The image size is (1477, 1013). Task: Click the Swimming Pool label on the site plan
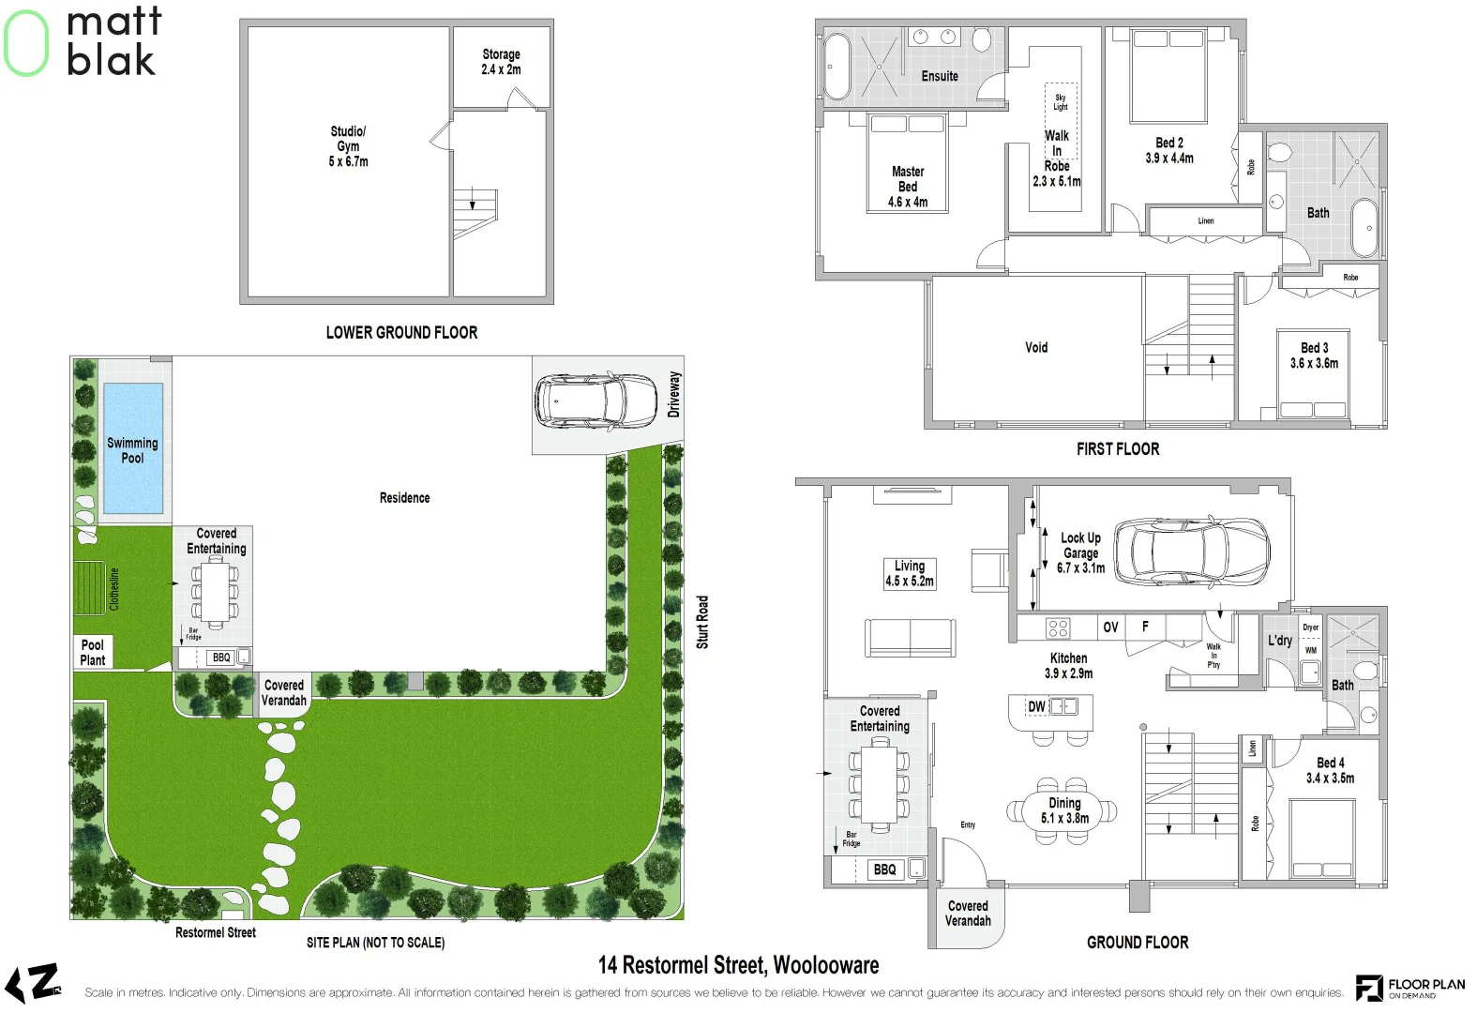point(132,450)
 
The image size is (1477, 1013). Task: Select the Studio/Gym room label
point(348,146)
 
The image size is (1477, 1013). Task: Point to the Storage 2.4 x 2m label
point(501,62)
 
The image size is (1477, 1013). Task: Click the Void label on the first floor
point(1036,347)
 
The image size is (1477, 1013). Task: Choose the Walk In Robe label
point(1057,159)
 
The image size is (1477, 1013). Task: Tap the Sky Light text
point(1061,101)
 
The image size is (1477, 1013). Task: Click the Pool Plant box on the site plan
point(93,652)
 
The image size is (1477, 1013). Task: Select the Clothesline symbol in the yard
point(90,588)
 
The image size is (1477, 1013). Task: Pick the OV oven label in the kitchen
point(1110,627)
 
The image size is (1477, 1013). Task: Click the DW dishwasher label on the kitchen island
point(1036,706)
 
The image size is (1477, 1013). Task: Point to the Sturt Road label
point(702,622)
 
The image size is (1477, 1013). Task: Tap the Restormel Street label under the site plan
point(216,932)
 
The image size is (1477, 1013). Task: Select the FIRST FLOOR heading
point(1118,449)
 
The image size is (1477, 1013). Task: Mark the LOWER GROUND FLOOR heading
point(401,333)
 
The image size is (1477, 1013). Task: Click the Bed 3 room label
point(1314,355)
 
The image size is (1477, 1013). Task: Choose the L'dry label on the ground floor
point(1280,641)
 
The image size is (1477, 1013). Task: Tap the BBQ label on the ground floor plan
point(884,869)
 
